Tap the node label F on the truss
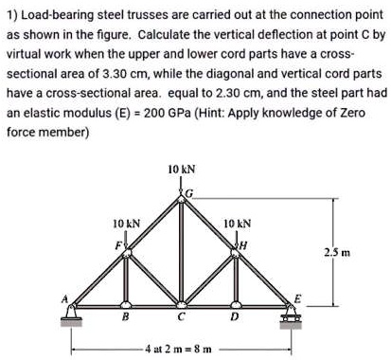click(120, 242)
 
